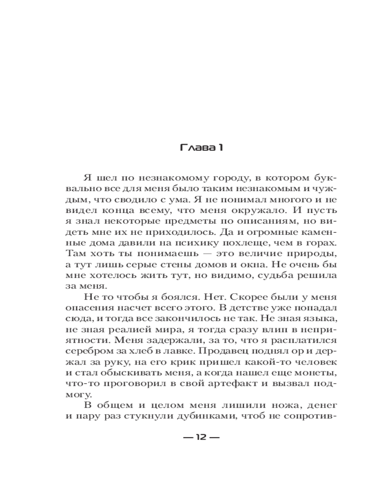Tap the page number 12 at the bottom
(201, 438)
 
